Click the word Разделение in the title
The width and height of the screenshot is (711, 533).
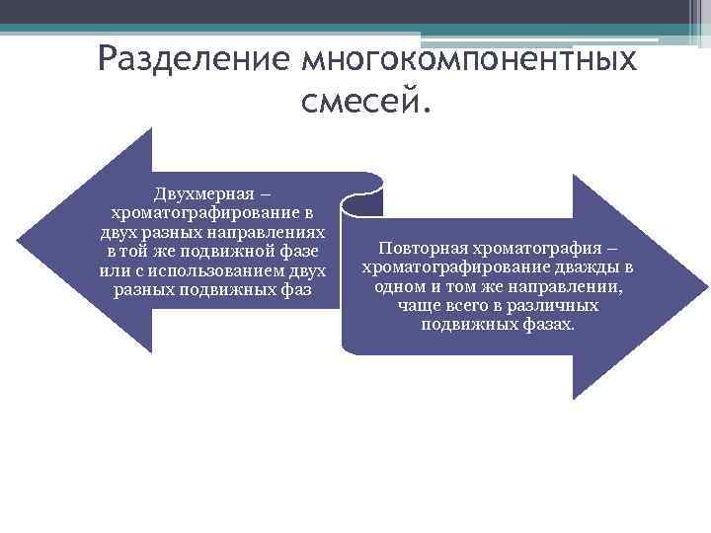[193, 61]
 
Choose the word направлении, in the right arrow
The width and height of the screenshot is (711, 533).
[571, 286]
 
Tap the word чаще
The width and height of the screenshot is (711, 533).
[420, 306]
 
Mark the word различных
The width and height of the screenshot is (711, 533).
[555, 306]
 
